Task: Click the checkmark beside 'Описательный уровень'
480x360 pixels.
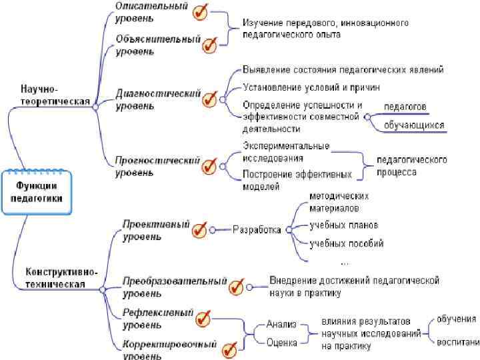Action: (199, 11)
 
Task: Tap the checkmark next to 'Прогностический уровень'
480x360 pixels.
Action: (209, 165)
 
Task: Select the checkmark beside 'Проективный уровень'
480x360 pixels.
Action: (199, 230)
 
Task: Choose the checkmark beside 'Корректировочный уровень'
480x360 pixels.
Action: (229, 349)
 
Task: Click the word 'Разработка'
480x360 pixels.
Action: (257, 230)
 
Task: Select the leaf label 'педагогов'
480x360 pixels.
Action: (405, 107)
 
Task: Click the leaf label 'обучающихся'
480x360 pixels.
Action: (414, 124)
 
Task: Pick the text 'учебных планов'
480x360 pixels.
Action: (343, 224)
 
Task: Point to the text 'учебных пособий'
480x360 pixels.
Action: (346, 243)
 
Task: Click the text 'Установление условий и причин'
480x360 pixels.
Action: (311, 86)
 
